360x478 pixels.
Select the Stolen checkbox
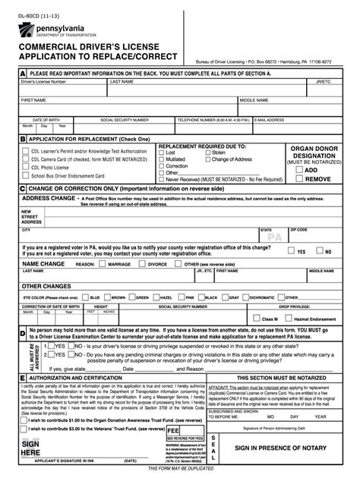click(207, 153)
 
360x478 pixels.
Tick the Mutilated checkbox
click(160, 159)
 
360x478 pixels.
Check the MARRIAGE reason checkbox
click(103, 264)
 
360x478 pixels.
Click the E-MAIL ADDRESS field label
click(270, 120)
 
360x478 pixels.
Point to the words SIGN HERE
click(30, 448)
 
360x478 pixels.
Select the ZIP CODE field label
click(298, 229)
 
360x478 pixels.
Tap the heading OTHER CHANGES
click(46, 286)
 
